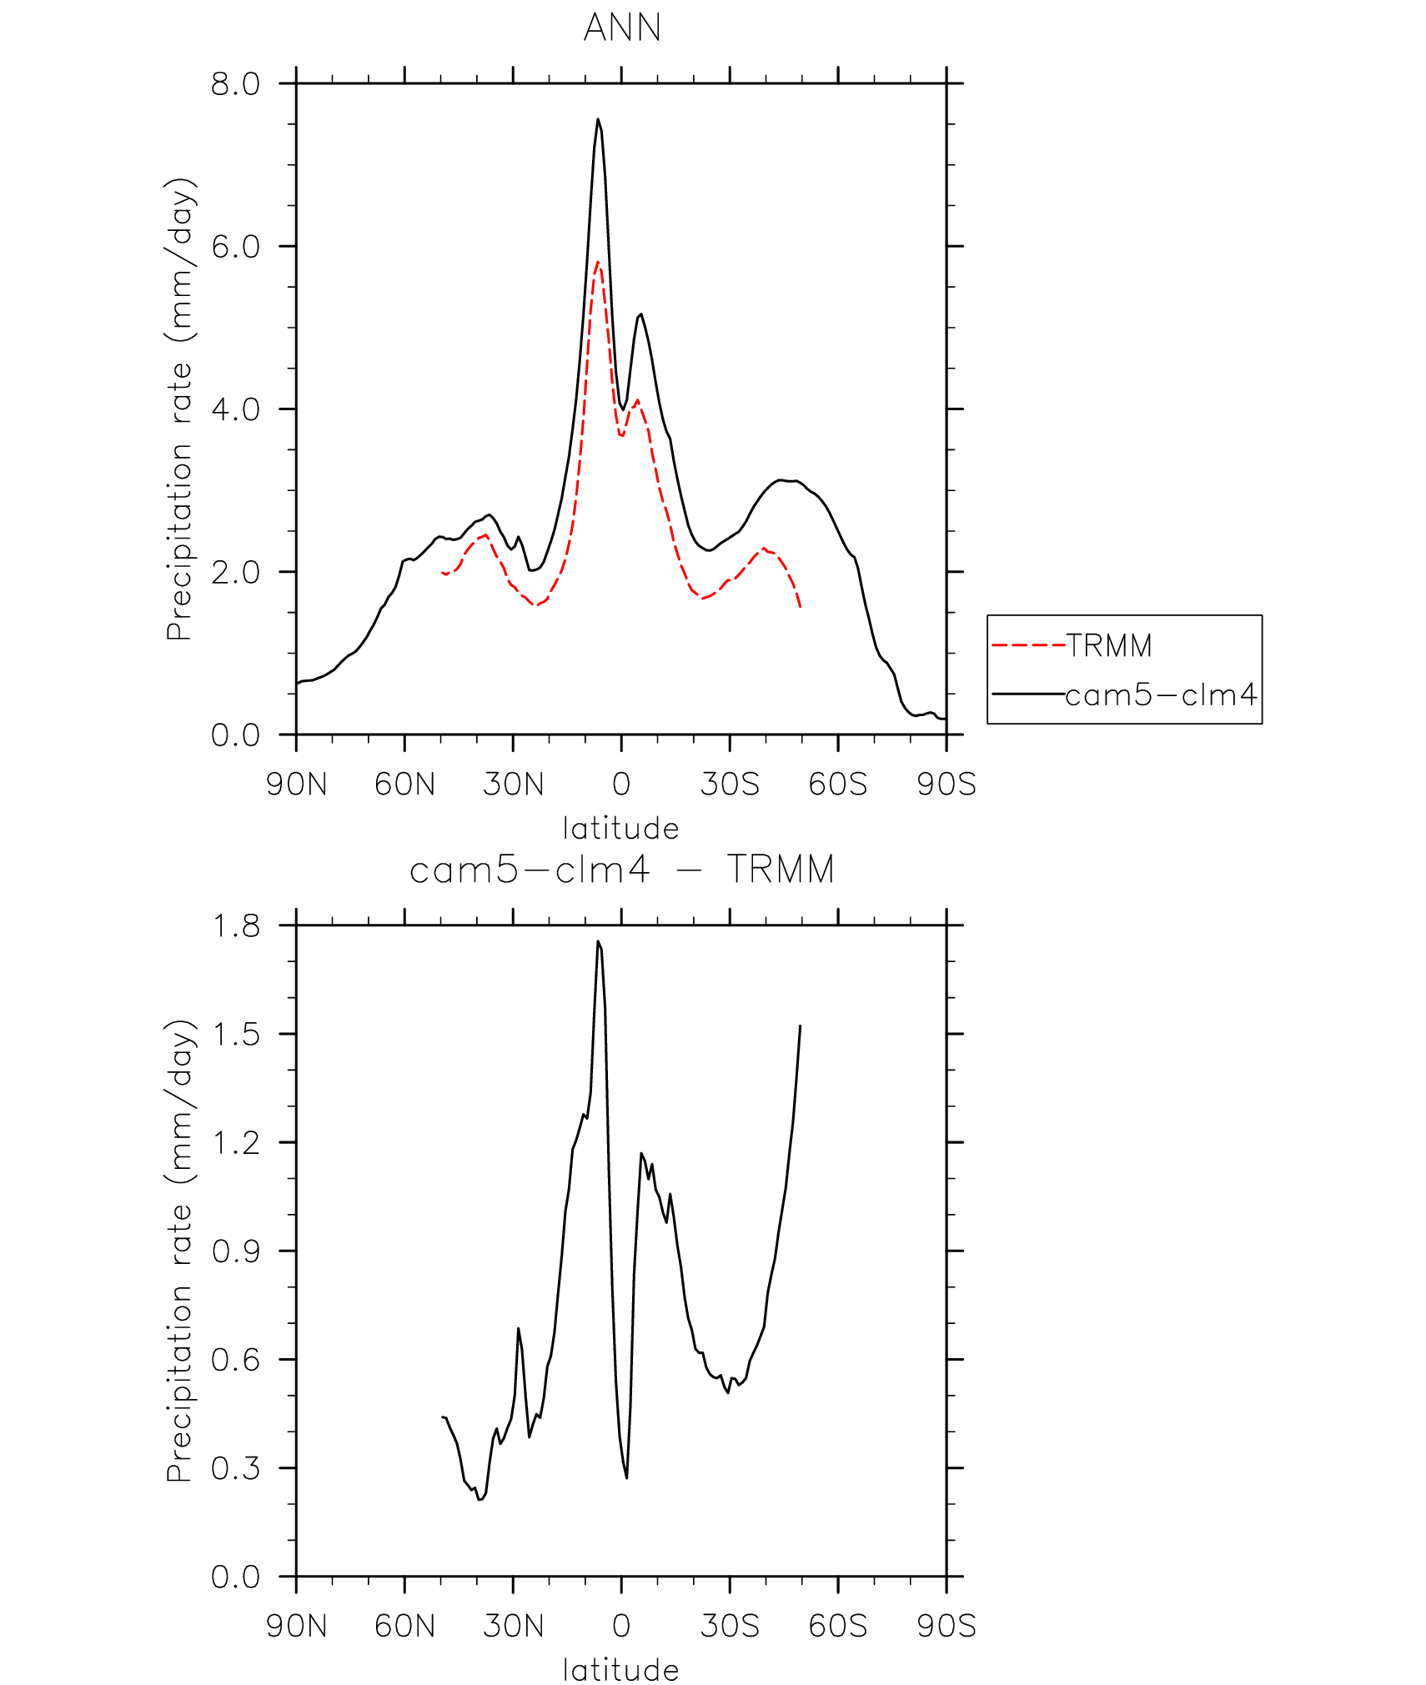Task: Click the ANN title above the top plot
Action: (x=622, y=28)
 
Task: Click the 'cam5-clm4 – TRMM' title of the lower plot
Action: (x=622, y=870)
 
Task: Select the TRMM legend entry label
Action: (x=1109, y=645)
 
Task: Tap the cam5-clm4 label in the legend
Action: (x=1161, y=695)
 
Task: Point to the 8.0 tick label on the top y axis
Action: (x=235, y=84)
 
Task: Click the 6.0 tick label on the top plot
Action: (x=235, y=247)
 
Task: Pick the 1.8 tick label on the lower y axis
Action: (x=236, y=926)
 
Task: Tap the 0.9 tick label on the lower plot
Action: (x=236, y=1251)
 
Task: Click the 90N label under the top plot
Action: (x=296, y=785)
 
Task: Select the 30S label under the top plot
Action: (x=730, y=785)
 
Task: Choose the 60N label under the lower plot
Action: (x=404, y=1627)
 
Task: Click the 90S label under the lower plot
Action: (x=946, y=1627)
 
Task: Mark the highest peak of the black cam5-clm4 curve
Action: (x=598, y=120)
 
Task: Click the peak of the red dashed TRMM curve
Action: (x=598, y=263)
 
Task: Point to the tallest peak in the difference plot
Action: (x=598, y=942)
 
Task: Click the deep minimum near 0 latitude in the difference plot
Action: (x=626, y=1477)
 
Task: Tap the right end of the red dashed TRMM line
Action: (x=801, y=607)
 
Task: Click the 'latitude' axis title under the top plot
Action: (x=621, y=829)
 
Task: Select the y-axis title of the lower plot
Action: (x=179, y=1251)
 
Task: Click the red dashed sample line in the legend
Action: (x=1028, y=645)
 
